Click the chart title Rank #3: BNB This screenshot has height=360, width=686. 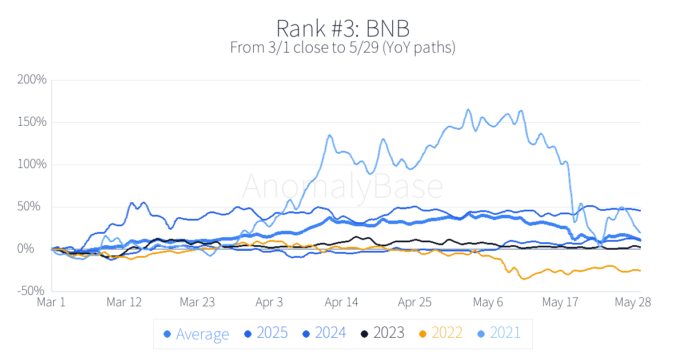pyautogui.click(x=342, y=28)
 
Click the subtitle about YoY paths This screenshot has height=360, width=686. pyautogui.click(x=342, y=47)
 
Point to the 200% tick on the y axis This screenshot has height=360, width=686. pyautogui.click(x=32, y=79)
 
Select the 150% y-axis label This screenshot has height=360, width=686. pyautogui.click(x=33, y=122)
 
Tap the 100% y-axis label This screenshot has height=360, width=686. pyautogui.click(x=33, y=164)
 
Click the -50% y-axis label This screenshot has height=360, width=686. pyautogui.click(x=32, y=291)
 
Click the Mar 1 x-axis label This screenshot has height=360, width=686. pyautogui.click(x=51, y=302)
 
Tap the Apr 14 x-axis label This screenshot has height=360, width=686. pyautogui.click(x=342, y=302)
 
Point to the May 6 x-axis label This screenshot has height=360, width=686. pyautogui.click(x=488, y=302)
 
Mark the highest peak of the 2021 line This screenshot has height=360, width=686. pyautogui.click(x=468, y=109)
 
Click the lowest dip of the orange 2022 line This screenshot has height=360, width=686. pyautogui.click(x=523, y=279)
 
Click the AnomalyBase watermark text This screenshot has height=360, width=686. pyautogui.click(x=342, y=186)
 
